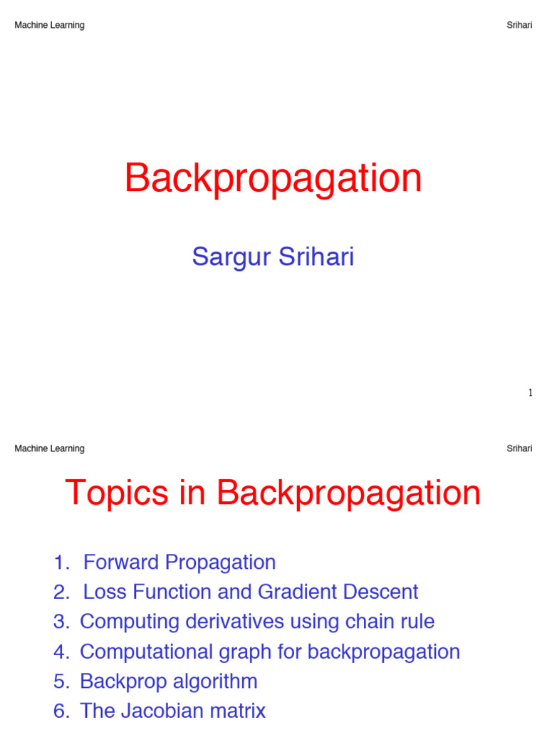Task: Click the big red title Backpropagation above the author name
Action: click(x=273, y=178)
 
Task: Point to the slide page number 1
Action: click(x=530, y=393)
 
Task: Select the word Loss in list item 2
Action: click(x=103, y=592)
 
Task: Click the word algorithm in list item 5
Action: click(x=214, y=682)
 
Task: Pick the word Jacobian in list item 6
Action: click(x=161, y=711)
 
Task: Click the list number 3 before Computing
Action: click(x=60, y=622)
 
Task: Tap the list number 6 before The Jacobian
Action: click(x=60, y=711)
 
